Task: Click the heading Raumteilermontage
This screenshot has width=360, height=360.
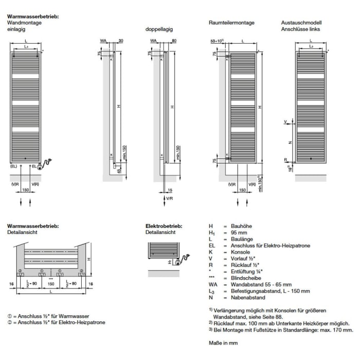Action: pos(231,23)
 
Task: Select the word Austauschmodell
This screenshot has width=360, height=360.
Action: pos(299,23)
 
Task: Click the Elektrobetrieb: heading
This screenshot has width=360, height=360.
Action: pos(161,226)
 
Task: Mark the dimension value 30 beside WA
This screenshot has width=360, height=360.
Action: pos(120,40)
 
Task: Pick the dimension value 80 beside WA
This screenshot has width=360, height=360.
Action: pos(175,40)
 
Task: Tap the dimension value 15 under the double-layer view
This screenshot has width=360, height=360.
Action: pos(170,191)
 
